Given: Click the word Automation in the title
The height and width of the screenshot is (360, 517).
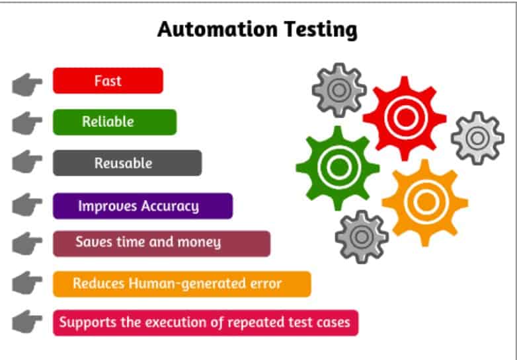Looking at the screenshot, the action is click(x=218, y=29).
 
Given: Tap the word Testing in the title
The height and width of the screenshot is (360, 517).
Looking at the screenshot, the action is click(x=320, y=30).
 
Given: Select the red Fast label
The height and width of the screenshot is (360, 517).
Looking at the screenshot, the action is click(x=108, y=81).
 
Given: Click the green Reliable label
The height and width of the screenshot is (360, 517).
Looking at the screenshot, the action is click(x=115, y=122).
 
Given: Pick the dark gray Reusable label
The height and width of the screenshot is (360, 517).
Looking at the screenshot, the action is click(x=128, y=163).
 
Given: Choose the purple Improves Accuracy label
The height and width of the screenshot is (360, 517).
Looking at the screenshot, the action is click(x=143, y=206).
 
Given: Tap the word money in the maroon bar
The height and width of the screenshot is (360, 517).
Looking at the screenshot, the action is click(x=199, y=242).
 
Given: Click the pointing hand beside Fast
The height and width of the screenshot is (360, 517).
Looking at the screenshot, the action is click(x=26, y=85).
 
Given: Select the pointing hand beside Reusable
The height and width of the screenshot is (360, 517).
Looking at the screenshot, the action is click(x=26, y=162).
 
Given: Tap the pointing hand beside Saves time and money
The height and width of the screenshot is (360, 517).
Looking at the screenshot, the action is click(x=26, y=243).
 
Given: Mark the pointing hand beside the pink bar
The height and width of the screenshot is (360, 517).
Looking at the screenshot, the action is click(x=26, y=322).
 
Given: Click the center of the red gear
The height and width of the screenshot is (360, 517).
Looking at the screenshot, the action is click(x=405, y=118).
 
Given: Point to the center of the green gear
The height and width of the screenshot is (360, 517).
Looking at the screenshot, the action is click(x=338, y=167).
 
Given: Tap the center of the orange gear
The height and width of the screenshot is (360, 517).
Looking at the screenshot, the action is click(x=425, y=202).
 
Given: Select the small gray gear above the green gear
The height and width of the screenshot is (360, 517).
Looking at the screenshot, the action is click(x=339, y=90).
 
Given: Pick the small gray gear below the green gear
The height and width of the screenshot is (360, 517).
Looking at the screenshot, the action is click(x=362, y=237).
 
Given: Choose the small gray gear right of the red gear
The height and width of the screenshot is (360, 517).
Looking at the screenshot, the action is click(x=477, y=138).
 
